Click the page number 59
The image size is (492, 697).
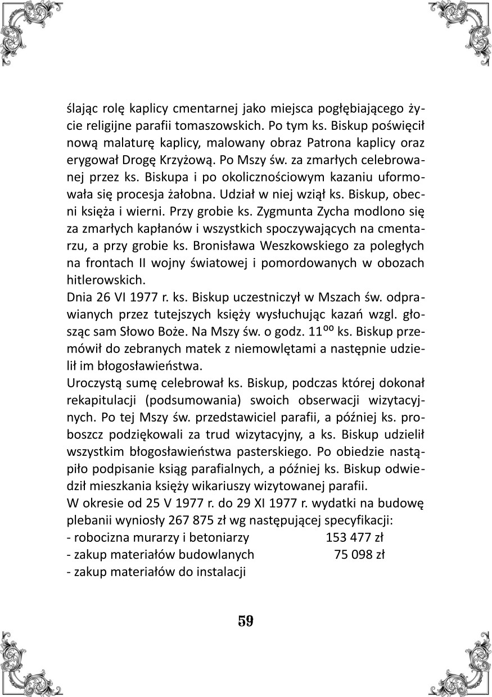click(246, 621)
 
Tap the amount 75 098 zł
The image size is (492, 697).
click(359, 554)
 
